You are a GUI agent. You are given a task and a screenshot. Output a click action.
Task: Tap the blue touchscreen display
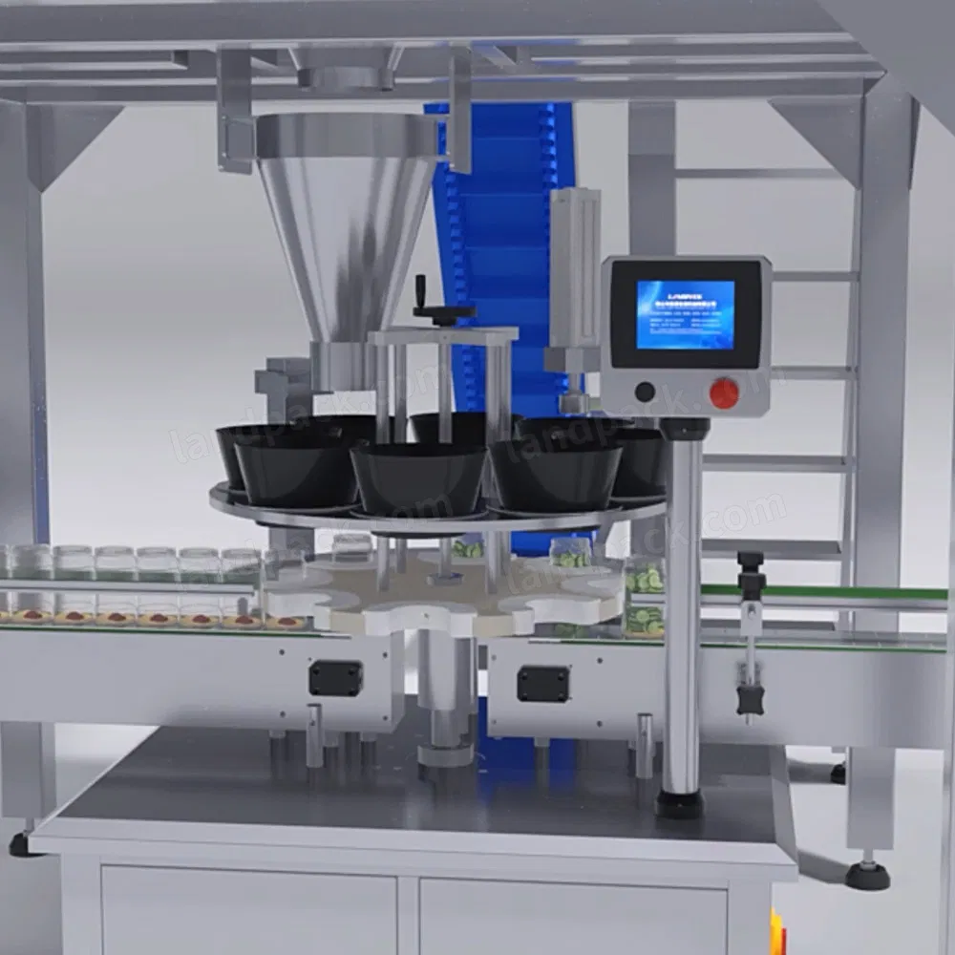pyautogui.click(x=686, y=314)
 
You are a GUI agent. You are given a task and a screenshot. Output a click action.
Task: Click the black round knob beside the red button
pyautogui.click(x=645, y=392)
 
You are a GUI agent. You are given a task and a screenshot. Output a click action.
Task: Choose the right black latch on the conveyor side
pyautogui.click(x=542, y=684)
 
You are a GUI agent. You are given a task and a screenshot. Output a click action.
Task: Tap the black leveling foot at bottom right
pyautogui.click(x=868, y=875)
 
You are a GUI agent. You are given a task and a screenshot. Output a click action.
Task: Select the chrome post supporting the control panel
pyautogui.click(x=682, y=611)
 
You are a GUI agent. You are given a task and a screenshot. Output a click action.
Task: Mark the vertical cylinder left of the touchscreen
pyautogui.click(x=576, y=267)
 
